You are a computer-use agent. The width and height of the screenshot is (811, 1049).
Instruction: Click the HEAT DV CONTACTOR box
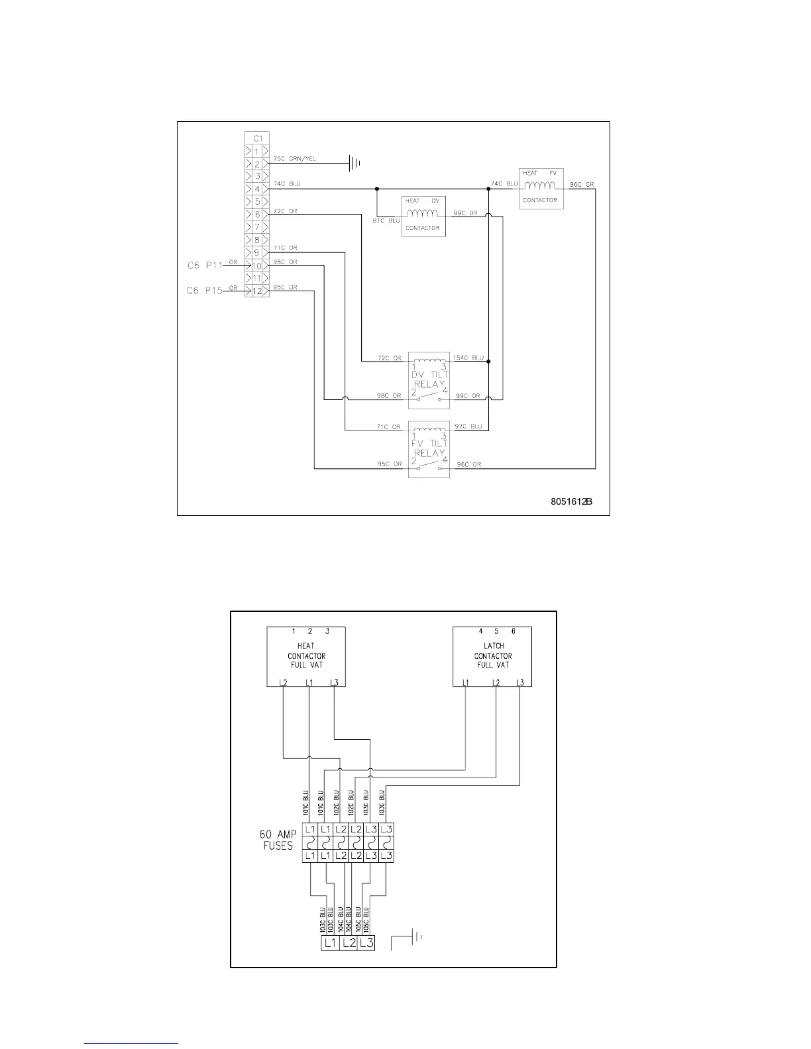tap(423, 216)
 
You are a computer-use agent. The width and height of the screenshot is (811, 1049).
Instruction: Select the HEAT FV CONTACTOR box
tap(541, 189)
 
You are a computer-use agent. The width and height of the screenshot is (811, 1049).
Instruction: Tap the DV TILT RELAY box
tap(429, 380)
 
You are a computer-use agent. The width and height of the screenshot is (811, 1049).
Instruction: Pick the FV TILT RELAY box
tap(429, 449)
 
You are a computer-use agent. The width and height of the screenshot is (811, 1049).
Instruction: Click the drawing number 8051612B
tap(570, 501)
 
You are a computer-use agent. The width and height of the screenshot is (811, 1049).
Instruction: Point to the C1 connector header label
tap(257, 138)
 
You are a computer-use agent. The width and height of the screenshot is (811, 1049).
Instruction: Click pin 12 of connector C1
tap(256, 290)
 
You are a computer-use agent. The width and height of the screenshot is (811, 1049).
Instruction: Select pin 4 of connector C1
tap(256, 189)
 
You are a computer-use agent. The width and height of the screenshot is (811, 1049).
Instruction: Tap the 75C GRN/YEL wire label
tap(294, 159)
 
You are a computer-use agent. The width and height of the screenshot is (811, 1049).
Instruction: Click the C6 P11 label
tap(205, 266)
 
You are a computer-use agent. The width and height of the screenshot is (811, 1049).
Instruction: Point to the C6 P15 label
tap(205, 291)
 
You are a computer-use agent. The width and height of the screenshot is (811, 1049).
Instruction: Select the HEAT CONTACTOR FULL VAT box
tap(306, 656)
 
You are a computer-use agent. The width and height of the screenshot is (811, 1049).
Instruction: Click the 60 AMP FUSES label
tap(277, 840)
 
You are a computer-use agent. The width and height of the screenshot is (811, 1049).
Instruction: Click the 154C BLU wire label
tap(468, 358)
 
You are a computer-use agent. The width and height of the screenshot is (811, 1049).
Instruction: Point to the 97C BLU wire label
tap(468, 426)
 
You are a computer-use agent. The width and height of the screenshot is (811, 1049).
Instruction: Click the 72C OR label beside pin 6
tap(285, 211)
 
